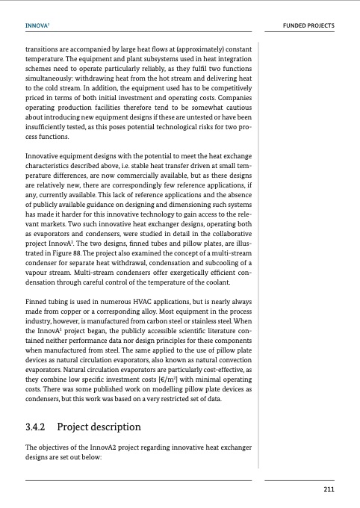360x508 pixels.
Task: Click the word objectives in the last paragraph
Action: tap(57, 448)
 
